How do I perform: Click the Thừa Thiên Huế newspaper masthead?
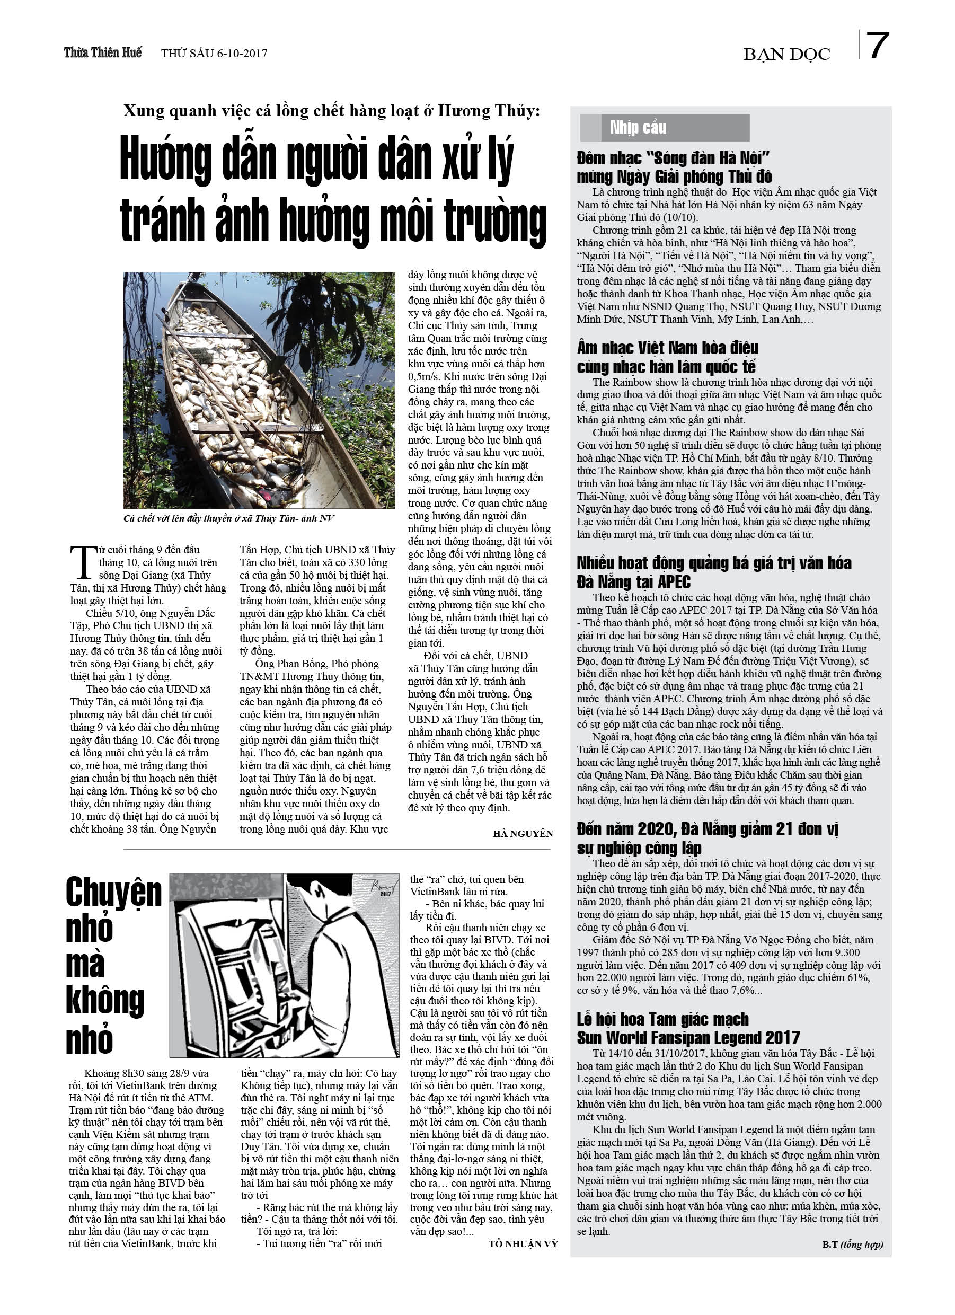coord(103,53)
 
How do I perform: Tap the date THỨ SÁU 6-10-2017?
coord(214,54)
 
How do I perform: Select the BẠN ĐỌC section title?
coord(786,55)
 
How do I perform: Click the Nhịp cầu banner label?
coord(638,128)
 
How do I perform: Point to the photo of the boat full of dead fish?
coord(259,390)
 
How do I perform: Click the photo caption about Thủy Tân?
coord(228,518)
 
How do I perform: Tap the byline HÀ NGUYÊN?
coord(523,834)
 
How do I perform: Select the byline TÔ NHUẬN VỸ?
coord(523,1243)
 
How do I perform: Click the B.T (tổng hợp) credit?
coord(852,1245)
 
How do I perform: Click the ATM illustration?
coord(284,965)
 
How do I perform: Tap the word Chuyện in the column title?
coord(113,893)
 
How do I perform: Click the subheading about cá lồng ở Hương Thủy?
coord(331,111)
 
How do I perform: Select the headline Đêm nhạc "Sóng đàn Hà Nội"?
coord(673,158)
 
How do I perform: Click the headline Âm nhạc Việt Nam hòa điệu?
coord(667,348)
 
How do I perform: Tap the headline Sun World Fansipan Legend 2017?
coord(688,1037)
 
